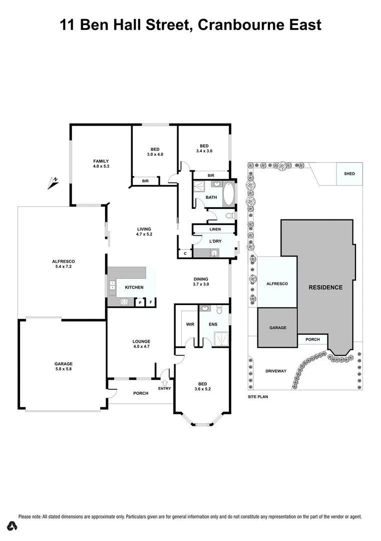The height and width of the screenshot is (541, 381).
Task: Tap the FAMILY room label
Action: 101,163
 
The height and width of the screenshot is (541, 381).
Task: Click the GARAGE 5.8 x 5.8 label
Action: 64,367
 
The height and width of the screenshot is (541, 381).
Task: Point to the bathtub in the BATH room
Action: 228,194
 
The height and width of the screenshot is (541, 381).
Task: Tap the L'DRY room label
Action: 215,241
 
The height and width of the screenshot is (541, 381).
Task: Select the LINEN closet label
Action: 215,229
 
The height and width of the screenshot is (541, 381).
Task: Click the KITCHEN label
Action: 134,288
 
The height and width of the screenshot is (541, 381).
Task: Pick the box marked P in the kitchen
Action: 140,303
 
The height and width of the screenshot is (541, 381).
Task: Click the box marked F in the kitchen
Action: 151,303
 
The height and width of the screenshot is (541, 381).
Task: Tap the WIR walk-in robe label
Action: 190,325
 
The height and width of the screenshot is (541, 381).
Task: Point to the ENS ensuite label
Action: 212,325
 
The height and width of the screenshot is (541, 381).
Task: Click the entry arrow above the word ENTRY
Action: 164,383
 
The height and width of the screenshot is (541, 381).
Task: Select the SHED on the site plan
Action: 349,174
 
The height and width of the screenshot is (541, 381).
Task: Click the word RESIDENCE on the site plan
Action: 325,288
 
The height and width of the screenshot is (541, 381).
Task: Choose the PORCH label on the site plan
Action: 312,340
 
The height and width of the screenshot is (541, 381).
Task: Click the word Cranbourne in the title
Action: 245,25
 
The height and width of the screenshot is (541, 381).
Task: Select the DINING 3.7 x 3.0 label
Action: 201,282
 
